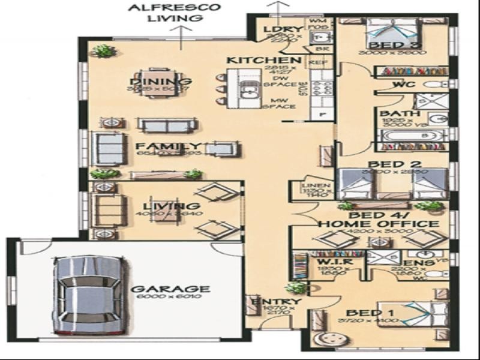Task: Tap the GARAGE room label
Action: (170, 289)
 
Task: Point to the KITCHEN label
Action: (263, 61)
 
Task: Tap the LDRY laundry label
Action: (277, 29)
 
